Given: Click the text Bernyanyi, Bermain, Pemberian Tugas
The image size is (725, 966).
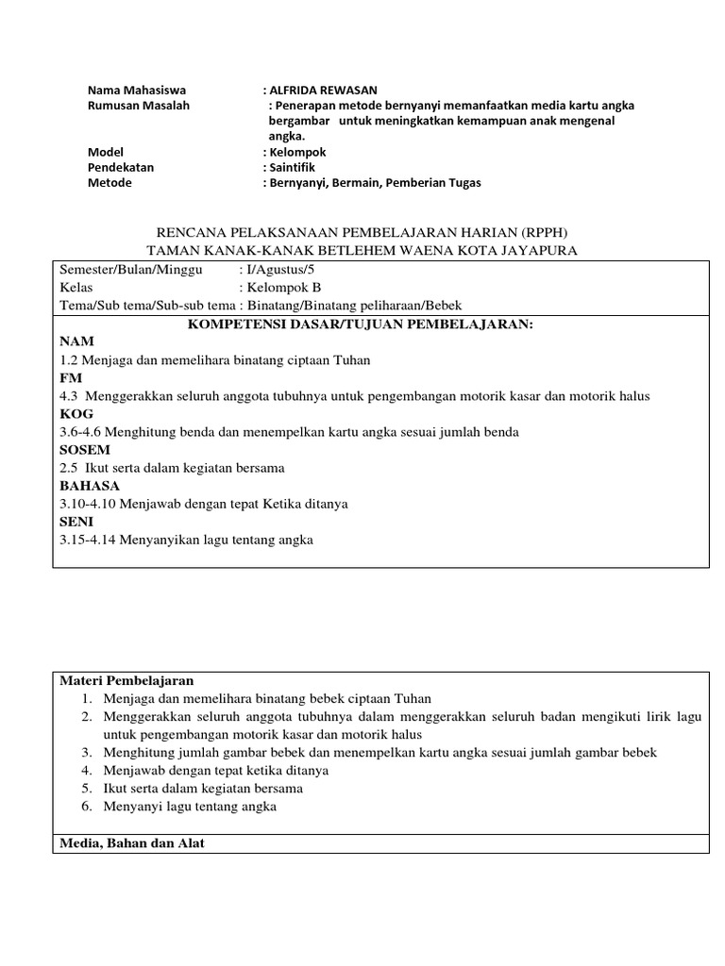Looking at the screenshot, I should (x=375, y=183).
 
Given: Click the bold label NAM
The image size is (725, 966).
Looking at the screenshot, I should (x=76, y=341).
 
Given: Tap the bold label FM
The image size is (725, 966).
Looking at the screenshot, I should (x=71, y=376).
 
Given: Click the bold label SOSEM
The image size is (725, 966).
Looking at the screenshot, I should (x=84, y=450).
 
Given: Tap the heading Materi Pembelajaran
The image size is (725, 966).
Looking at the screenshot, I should (x=126, y=680).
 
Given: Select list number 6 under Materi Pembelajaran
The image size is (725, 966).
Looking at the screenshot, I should (x=86, y=807).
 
